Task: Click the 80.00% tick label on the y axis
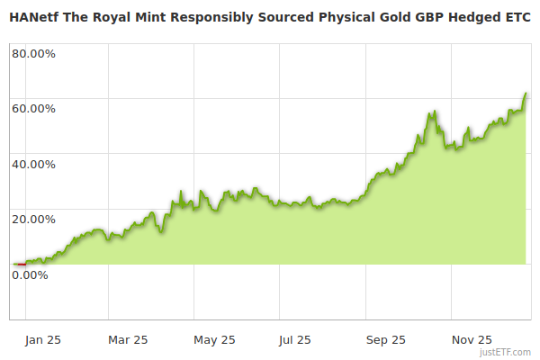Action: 33,53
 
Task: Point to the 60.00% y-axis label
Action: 33,109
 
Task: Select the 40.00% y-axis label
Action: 33,165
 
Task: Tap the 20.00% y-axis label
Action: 33,220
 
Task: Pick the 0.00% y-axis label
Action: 30,275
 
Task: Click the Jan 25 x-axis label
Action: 42,340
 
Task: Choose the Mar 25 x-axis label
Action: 127,340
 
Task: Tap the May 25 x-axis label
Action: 214,340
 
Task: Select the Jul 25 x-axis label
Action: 295,340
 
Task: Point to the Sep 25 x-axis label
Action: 386,340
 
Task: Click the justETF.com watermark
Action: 504,353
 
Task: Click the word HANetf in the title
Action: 34,16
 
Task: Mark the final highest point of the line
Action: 526,93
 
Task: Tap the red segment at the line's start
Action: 21,264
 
